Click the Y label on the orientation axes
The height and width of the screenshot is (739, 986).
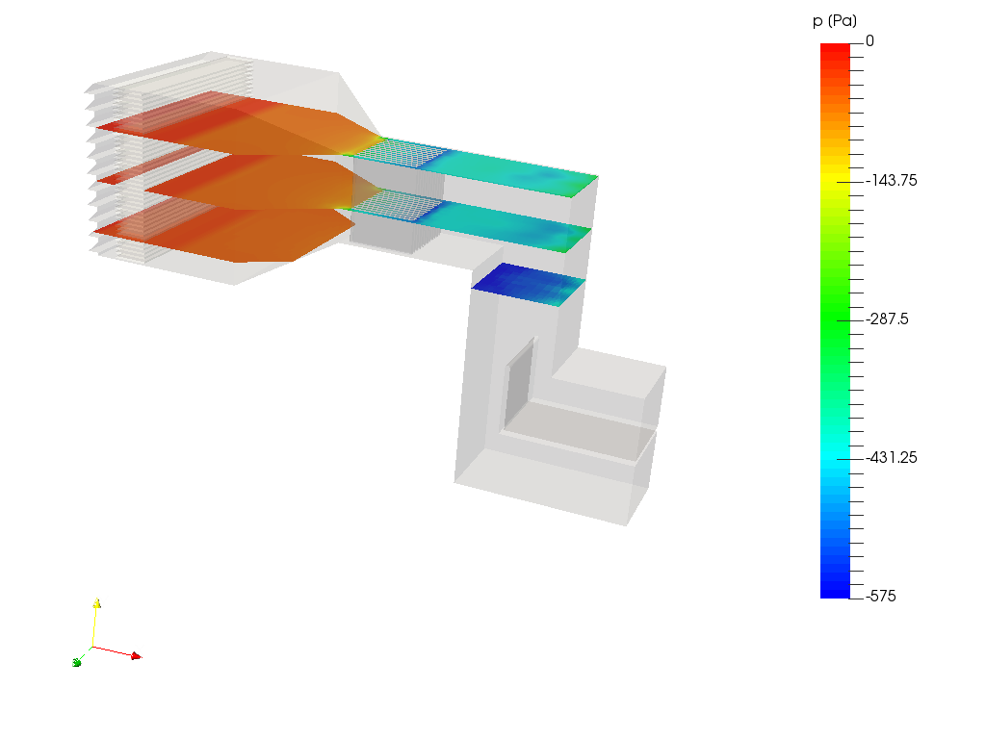pyautogui.click(x=104, y=601)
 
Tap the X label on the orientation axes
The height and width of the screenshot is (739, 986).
pyautogui.click(x=140, y=650)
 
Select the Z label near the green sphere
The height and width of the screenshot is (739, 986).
pyautogui.click(x=85, y=656)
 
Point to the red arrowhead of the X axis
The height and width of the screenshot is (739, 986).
pyautogui.click(x=134, y=656)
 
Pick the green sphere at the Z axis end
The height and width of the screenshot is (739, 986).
pyautogui.click(x=76, y=662)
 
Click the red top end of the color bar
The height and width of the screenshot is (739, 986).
pyautogui.click(x=835, y=50)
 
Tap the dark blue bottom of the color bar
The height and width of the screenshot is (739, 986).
pyautogui.click(x=835, y=590)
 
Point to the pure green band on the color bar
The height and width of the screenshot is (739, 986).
pyautogui.click(x=835, y=320)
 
